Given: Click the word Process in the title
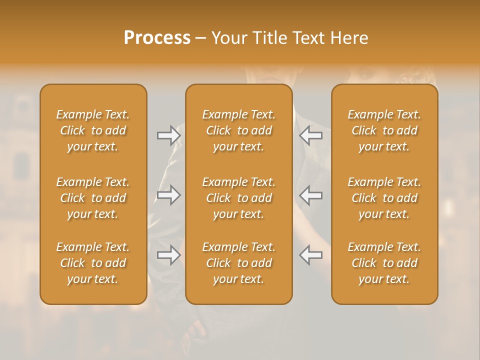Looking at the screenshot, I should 157,38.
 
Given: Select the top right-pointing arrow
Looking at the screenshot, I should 168,135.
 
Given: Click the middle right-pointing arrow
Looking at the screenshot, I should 168,195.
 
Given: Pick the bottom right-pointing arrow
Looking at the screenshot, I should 168,255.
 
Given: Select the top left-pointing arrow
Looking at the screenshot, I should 311,135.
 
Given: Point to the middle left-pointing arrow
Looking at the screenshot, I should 311,195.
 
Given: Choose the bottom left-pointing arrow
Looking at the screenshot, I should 311,255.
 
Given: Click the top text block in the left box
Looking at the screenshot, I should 93,130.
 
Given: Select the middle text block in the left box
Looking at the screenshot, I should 93,198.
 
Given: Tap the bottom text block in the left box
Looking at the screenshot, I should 93,263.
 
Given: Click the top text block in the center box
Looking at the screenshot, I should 239,130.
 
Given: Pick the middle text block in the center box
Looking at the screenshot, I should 239,198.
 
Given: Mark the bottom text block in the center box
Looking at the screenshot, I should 239,263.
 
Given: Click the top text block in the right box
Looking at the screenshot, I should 384,130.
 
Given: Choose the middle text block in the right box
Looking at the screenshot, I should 384,198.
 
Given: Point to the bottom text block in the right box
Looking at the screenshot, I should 384,263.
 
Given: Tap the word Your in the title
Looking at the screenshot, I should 227,38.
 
